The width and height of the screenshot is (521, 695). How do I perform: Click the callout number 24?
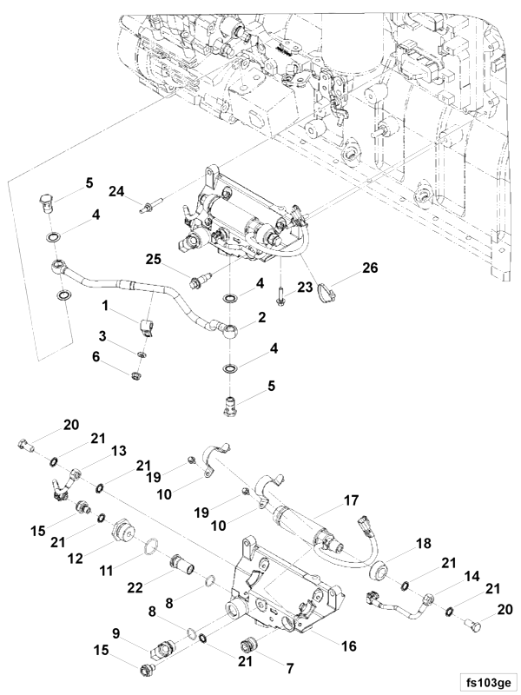click(117, 191)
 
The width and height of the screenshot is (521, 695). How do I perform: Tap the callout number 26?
click(371, 268)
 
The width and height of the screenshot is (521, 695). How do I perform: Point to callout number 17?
click(351, 501)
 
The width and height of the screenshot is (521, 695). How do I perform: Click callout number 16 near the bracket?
click(349, 645)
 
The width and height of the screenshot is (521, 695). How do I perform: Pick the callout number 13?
click(119, 451)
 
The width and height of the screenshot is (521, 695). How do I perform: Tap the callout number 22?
click(135, 587)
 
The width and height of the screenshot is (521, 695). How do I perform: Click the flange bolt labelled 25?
click(201, 281)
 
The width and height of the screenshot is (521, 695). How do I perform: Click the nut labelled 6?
click(136, 377)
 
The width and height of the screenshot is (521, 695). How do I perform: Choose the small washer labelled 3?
click(142, 354)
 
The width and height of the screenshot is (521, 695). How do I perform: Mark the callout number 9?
click(116, 633)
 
